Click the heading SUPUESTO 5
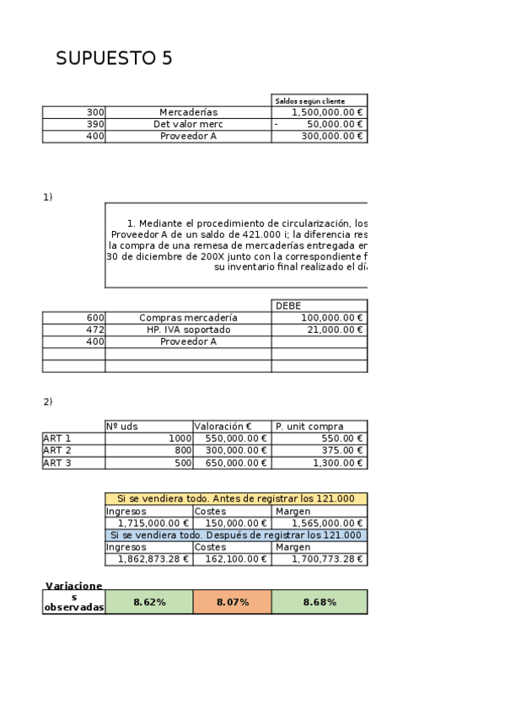[x=114, y=58]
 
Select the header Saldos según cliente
[x=310, y=101]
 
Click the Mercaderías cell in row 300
[x=188, y=112]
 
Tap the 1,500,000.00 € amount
[x=327, y=112]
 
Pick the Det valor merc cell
[x=188, y=124]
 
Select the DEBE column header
[x=288, y=306]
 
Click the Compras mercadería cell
[x=188, y=318]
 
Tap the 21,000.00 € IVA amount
[x=332, y=330]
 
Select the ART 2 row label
[x=57, y=450]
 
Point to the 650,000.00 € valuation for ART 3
[x=231, y=462]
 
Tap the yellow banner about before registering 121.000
[x=236, y=499]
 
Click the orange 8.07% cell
[x=232, y=602]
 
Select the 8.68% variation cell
[x=320, y=602]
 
